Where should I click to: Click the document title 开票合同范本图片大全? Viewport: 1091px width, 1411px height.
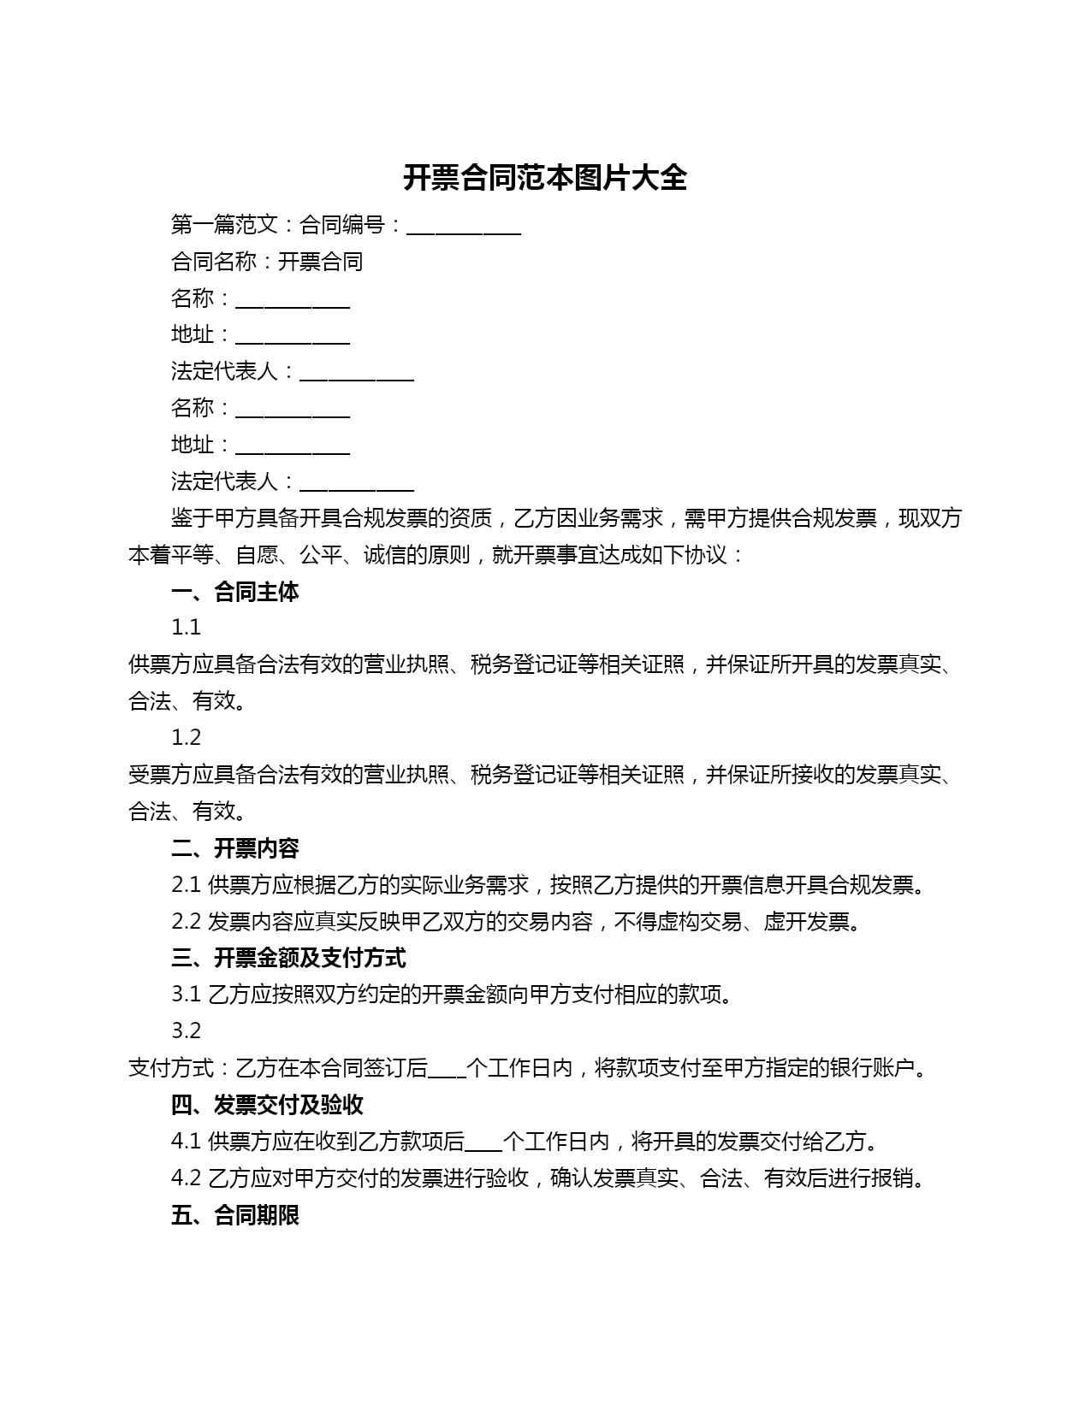(545, 178)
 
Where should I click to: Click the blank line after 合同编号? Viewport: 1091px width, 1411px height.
(464, 227)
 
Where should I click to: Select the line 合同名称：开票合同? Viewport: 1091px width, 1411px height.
(267, 262)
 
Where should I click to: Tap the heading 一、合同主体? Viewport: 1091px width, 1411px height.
(235, 592)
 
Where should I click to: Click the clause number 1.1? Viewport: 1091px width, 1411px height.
(186, 628)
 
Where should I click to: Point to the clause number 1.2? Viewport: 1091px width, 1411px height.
(186, 738)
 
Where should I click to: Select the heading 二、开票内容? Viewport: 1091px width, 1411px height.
(235, 848)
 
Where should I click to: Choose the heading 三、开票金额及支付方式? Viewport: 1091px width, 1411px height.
(288, 958)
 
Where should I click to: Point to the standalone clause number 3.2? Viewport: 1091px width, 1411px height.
(186, 1031)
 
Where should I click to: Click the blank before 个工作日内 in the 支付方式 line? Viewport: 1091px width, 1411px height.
(447, 1070)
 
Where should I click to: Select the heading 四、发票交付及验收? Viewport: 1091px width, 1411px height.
(267, 1105)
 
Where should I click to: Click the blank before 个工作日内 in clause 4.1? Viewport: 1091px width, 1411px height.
(483, 1143)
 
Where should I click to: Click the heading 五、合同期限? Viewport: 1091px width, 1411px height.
(235, 1215)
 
